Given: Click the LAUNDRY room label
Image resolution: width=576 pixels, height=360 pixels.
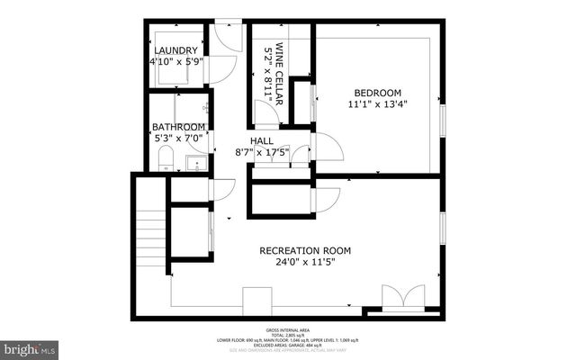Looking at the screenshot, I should click(x=175, y=50).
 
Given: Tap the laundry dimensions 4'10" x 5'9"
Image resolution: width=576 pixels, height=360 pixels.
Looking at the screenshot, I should click(x=175, y=62).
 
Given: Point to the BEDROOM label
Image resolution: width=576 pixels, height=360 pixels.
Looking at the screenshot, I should click(x=377, y=93).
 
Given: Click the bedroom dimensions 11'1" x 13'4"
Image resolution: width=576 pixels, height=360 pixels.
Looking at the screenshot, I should click(x=377, y=105).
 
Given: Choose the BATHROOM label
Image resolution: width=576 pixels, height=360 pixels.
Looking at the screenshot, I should click(x=178, y=127).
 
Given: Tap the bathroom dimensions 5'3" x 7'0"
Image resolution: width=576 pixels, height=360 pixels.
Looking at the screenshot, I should click(x=178, y=139).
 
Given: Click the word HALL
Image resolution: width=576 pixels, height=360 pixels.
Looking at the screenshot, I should click(x=262, y=141).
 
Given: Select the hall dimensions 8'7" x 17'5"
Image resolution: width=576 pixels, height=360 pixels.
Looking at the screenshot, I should click(x=262, y=152).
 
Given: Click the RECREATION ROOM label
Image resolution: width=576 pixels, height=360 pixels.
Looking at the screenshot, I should click(x=305, y=250).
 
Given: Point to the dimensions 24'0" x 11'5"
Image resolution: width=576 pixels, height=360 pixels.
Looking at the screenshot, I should click(x=305, y=263).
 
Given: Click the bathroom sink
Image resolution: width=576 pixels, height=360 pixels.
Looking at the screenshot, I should click(x=194, y=163).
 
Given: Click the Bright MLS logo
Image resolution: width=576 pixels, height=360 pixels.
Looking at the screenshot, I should click(x=29, y=346).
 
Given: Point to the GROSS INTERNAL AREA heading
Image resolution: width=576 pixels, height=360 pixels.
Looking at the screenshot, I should click(x=288, y=329).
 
